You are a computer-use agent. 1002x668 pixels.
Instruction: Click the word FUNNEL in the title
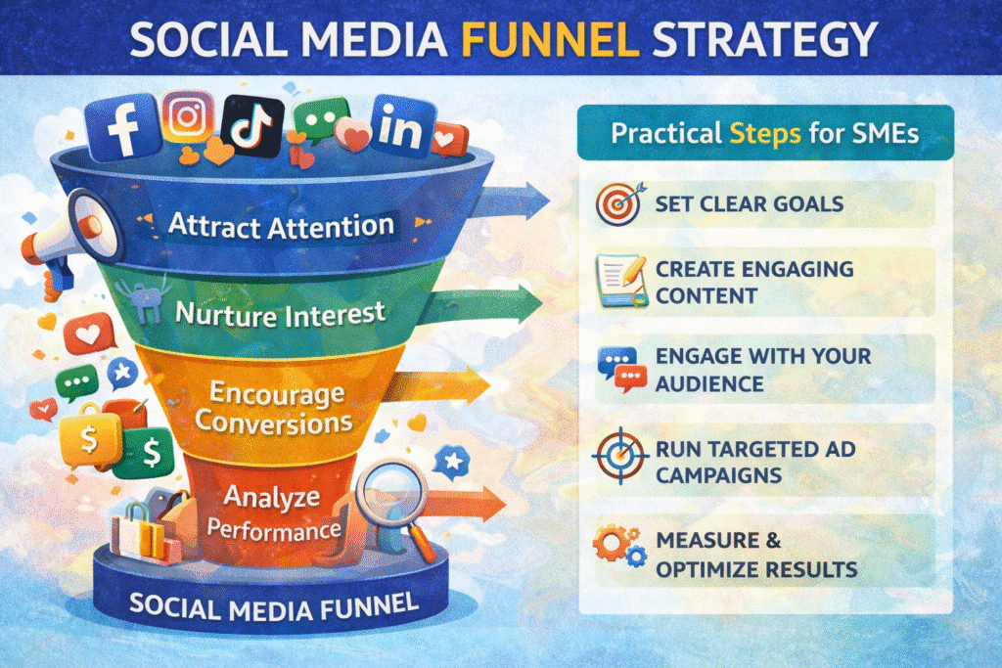click(550, 39)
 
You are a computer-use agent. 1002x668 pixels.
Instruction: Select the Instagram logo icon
click(187, 116)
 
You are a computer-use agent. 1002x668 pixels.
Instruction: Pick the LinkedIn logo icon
click(401, 126)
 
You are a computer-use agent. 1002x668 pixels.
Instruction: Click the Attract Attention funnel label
click(281, 226)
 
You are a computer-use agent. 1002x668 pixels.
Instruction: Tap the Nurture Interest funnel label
click(280, 314)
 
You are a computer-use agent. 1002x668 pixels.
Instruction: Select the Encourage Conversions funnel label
click(275, 408)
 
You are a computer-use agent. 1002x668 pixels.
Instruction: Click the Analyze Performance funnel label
click(273, 512)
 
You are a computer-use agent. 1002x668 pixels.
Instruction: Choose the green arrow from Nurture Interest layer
click(485, 303)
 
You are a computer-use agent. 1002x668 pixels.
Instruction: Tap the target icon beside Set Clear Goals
click(619, 204)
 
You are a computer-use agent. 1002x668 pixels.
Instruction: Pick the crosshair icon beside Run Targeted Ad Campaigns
click(619, 456)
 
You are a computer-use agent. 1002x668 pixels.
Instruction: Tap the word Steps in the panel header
click(765, 134)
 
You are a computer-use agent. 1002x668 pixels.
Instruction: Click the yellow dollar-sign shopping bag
click(89, 437)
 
